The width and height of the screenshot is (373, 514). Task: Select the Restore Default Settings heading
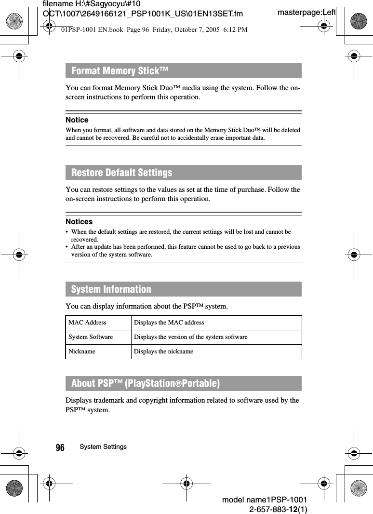(x=121, y=172)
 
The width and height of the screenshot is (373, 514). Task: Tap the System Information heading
(x=111, y=289)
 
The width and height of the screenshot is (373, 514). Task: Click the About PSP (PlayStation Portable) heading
(x=145, y=383)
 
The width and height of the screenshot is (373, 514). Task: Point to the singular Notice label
(x=77, y=120)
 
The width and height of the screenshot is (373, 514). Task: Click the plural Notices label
(x=79, y=221)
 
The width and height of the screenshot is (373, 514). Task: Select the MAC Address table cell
(x=87, y=323)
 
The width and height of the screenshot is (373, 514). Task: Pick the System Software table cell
(x=91, y=337)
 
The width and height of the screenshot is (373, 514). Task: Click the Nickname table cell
(x=82, y=352)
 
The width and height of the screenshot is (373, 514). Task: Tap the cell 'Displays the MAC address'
(x=169, y=323)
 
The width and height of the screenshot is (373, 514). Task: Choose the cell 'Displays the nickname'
(x=163, y=352)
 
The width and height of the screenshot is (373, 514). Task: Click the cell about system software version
(x=190, y=337)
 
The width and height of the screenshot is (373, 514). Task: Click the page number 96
(x=60, y=448)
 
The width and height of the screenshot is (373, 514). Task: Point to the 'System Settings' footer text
(x=103, y=447)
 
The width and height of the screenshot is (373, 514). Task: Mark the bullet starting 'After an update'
(x=185, y=250)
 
